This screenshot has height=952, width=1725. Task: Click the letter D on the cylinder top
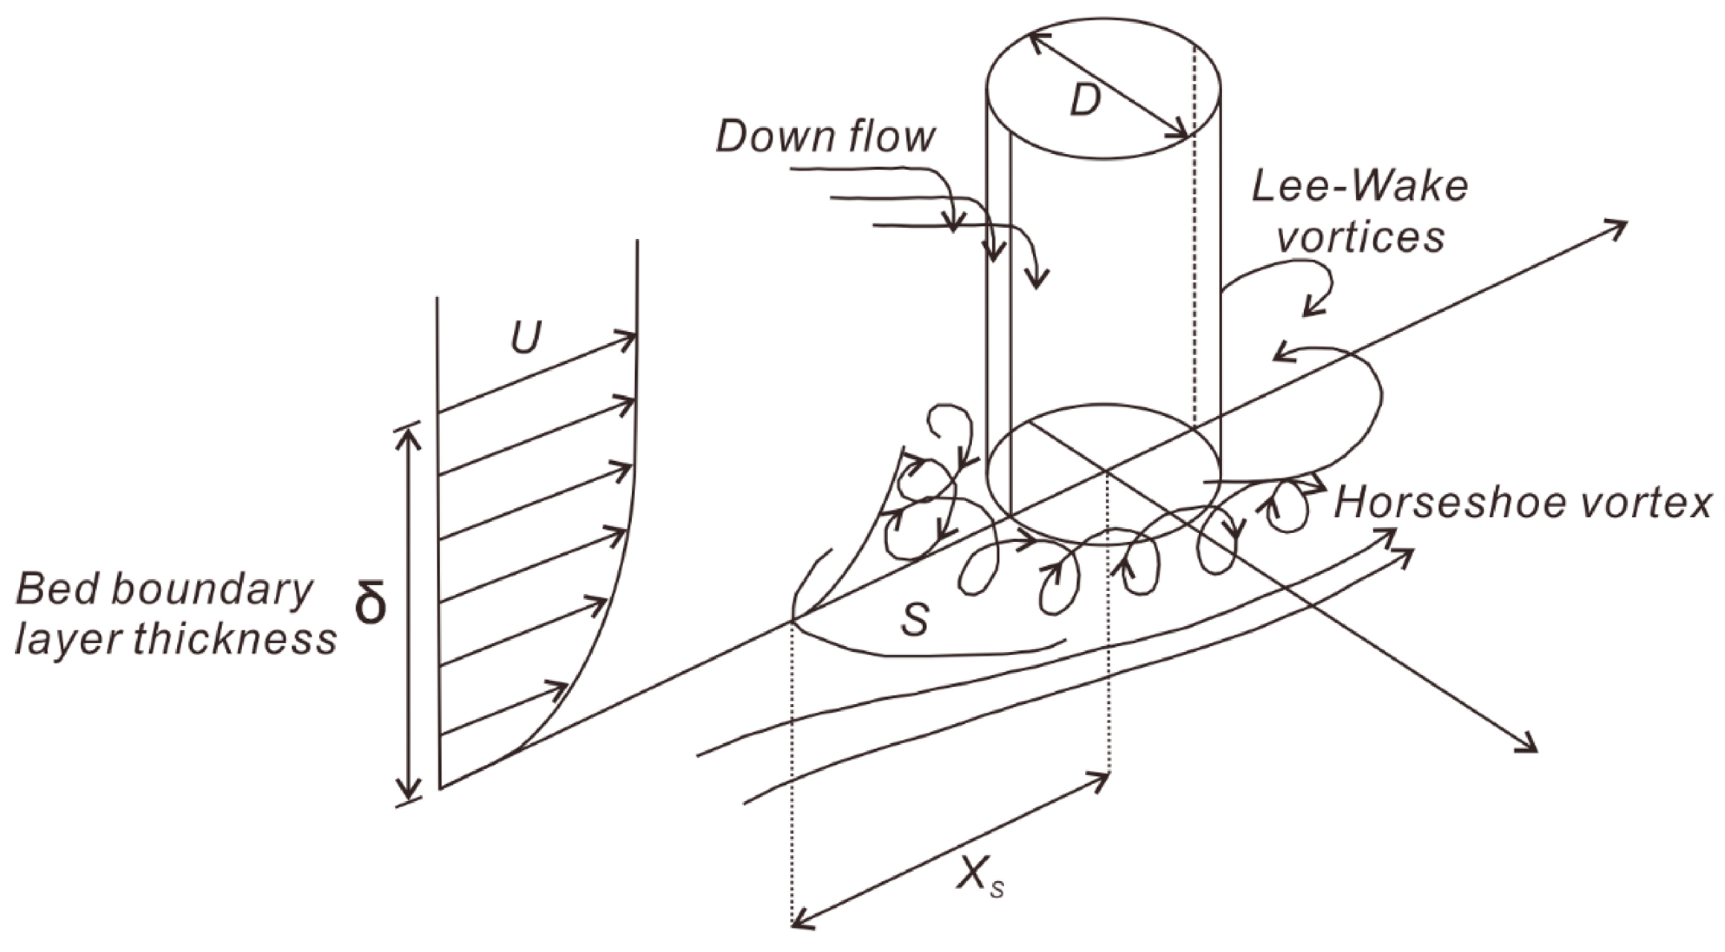[1084, 99]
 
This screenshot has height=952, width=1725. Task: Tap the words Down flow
[825, 137]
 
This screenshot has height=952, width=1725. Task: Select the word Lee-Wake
[1360, 187]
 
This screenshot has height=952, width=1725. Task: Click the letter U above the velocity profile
[525, 338]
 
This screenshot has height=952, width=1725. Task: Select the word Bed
[59, 590]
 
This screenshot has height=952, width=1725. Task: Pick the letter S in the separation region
[915, 619]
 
